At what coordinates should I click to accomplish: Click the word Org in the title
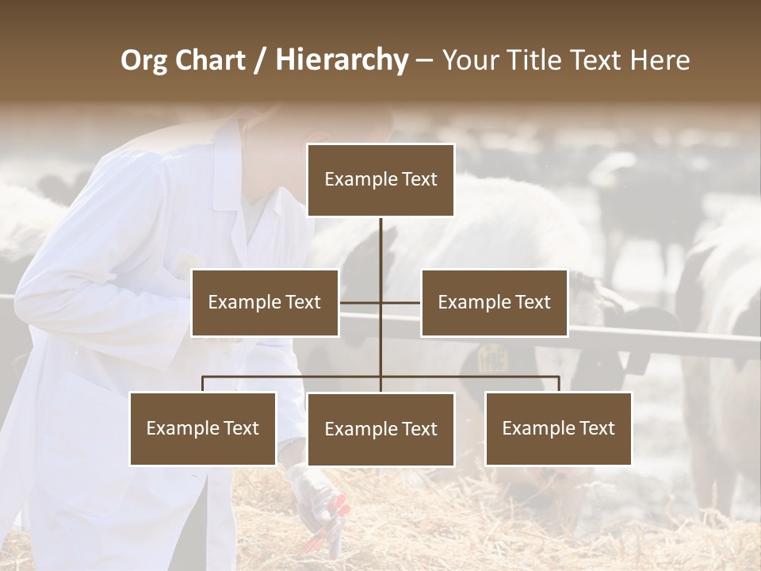[x=144, y=60]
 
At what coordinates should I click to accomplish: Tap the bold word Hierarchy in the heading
[x=342, y=60]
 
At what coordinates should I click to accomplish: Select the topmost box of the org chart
[x=380, y=180]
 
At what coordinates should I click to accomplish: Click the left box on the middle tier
[x=265, y=302]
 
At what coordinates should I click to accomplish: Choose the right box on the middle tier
[x=494, y=302]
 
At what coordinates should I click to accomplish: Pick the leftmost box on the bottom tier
[x=203, y=428]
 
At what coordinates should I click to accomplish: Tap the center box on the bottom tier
[x=380, y=429]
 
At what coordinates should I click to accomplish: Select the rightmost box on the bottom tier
[x=558, y=428]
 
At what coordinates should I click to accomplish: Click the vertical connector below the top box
[x=380, y=246]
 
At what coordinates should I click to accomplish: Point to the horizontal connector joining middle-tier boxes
[x=361, y=302]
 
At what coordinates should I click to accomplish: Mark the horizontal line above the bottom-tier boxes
[x=293, y=377]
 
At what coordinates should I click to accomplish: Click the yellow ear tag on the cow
[x=492, y=358]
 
